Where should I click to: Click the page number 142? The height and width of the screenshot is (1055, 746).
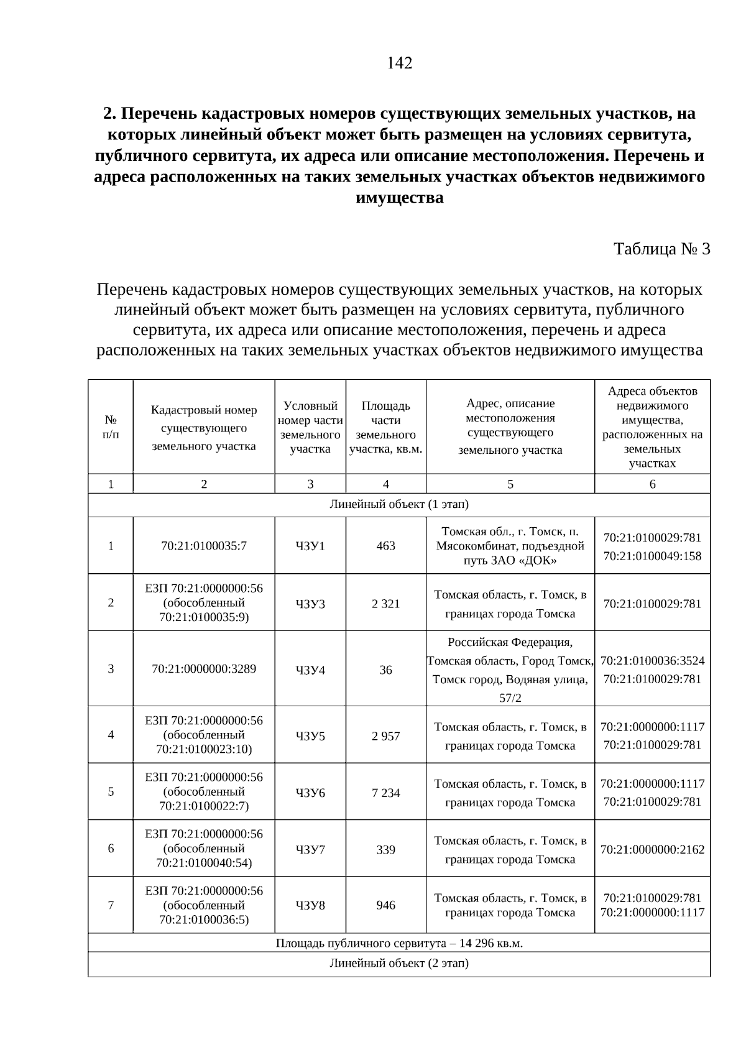point(399,63)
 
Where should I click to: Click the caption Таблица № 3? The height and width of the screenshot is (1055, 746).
point(661,249)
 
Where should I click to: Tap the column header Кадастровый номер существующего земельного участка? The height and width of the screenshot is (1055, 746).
point(204,428)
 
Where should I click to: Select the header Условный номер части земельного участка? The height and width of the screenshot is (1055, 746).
point(310,427)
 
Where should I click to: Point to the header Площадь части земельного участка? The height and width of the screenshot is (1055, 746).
point(386,427)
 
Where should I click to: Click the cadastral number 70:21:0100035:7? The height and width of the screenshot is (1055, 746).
point(204,546)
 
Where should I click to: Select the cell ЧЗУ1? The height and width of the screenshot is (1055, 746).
point(310,546)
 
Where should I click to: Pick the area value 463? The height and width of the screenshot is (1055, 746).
point(386,546)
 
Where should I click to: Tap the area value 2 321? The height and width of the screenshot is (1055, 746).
point(386,604)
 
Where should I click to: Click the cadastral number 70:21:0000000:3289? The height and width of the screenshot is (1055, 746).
point(204,669)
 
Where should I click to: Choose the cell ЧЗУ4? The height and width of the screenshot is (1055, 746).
point(310,670)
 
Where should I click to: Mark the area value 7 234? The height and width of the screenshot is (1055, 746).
point(386,793)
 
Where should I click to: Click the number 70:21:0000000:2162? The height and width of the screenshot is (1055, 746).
point(652,849)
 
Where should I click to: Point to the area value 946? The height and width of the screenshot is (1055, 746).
point(386,905)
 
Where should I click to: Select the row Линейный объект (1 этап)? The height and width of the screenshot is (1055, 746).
point(399,504)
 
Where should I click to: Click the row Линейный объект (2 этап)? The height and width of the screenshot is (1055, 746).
point(399,964)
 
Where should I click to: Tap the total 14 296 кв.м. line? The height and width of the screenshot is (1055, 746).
point(399,944)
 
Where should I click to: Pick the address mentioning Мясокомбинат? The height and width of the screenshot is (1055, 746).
point(510,546)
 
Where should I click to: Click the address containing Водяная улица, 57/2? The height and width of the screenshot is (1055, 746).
point(510,670)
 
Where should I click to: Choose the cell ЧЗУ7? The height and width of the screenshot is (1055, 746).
point(310,849)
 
